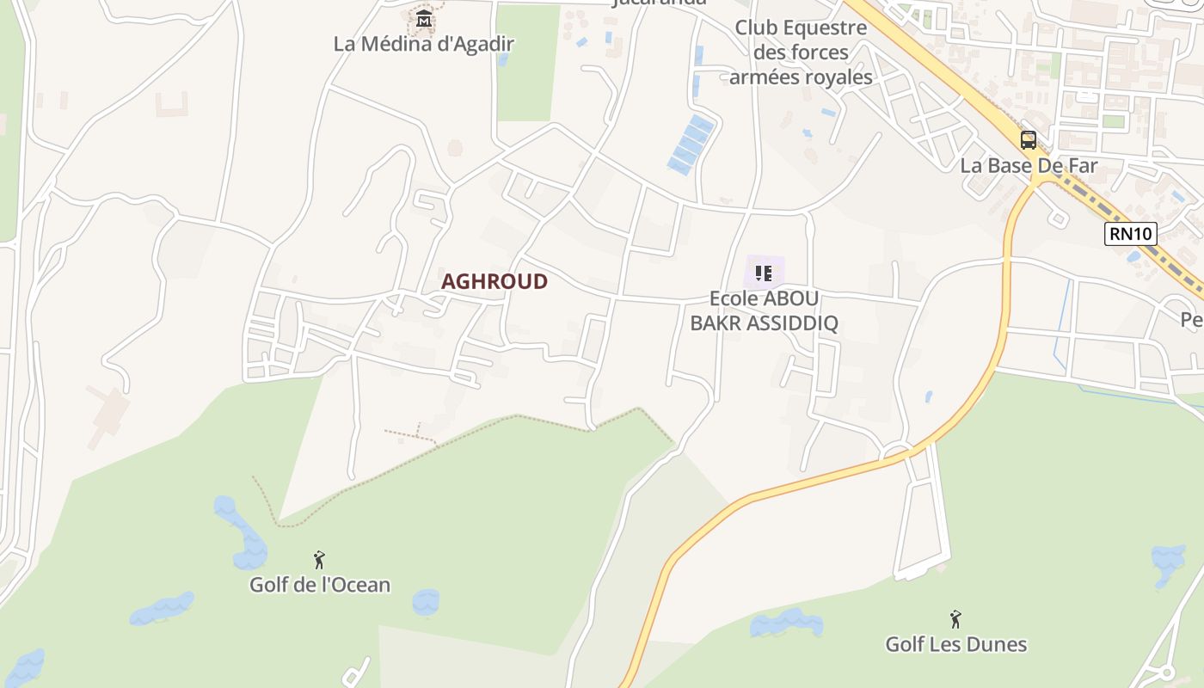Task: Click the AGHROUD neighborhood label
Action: click(494, 281)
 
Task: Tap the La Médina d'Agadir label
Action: click(423, 44)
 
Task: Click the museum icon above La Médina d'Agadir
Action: click(423, 18)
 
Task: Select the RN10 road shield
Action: click(1130, 233)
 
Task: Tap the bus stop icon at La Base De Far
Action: click(1029, 140)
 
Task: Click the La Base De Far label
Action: click(1029, 165)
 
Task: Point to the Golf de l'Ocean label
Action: click(320, 585)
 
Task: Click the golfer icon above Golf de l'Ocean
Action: click(319, 560)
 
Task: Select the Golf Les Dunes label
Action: click(955, 643)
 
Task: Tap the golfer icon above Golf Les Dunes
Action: click(955, 618)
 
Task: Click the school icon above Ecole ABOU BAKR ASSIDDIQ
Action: click(763, 273)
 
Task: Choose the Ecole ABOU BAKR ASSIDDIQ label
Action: click(763, 310)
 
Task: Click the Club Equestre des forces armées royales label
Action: click(801, 52)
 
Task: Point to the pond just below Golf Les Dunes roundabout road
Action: click(785, 623)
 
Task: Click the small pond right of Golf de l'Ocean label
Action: click(426, 601)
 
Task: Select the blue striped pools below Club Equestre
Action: click(691, 144)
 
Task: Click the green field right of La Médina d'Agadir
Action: click(527, 64)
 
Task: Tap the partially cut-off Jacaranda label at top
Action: click(658, 3)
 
